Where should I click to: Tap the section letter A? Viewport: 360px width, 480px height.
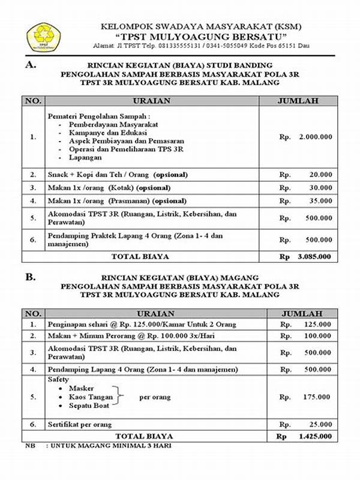click(x=29, y=64)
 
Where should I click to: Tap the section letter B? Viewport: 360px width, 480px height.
click(x=29, y=277)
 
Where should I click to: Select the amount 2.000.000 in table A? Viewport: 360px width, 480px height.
click(x=314, y=137)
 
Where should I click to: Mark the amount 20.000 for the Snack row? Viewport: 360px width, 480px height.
click(x=320, y=175)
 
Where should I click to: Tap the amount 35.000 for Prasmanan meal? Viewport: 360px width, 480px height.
click(x=320, y=201)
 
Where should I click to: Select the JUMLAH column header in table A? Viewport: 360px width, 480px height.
click(x=298, y=101)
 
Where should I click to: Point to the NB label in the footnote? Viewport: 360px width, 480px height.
click(x=29, y=446)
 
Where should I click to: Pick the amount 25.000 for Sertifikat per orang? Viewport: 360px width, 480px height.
click(x=320, y=425)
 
